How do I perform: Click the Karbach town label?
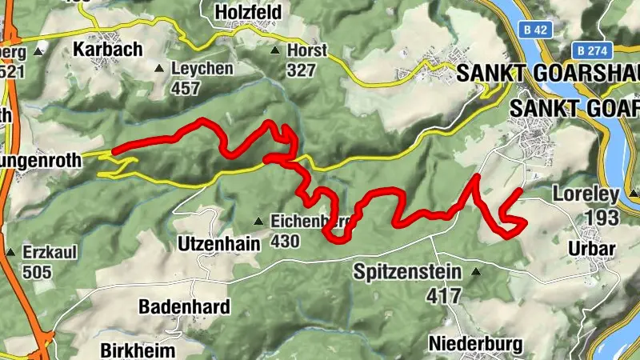tap(107, 49)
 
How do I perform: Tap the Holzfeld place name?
tap(250, 11)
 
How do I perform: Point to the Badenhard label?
tap(184, 306)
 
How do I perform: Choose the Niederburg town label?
tap(475, 344)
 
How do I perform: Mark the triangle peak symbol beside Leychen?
tap(159, 69)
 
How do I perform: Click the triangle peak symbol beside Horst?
tap(275, 50)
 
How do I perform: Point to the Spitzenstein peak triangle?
tap(477, 272)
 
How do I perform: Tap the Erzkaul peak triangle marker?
tap(10, 253)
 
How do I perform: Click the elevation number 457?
tap(186, 89)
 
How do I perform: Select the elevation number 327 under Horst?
tap(302, 70)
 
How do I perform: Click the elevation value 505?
tap(37, 273)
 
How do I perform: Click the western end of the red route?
tap(114, 150)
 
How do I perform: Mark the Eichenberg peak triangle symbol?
tap(258, 221)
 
